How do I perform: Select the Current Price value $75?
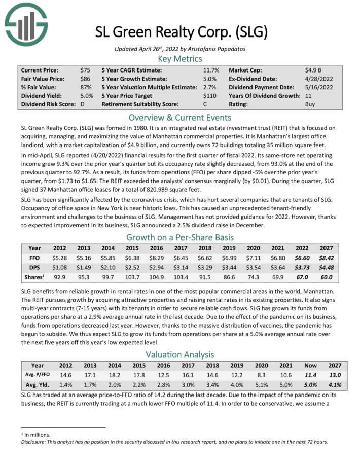point(86,70)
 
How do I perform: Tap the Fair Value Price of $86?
point(86,79)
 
